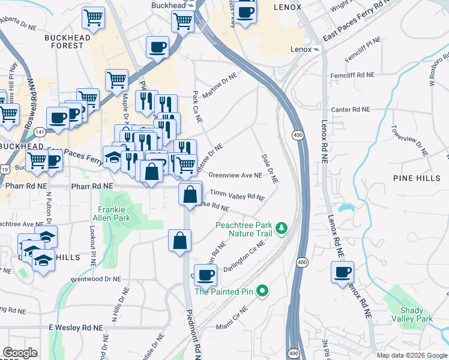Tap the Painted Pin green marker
point(261,292)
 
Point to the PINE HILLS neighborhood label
point(411,178)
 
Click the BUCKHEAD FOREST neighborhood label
point(64,41)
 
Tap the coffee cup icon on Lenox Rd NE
point(342,272)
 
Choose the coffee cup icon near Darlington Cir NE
point(205,275)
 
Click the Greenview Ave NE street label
point(235,176)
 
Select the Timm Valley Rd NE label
point(237,196)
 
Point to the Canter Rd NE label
point(351,110)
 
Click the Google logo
point(20,353)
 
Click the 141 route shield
point(40,131)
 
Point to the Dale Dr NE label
point(268,169)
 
